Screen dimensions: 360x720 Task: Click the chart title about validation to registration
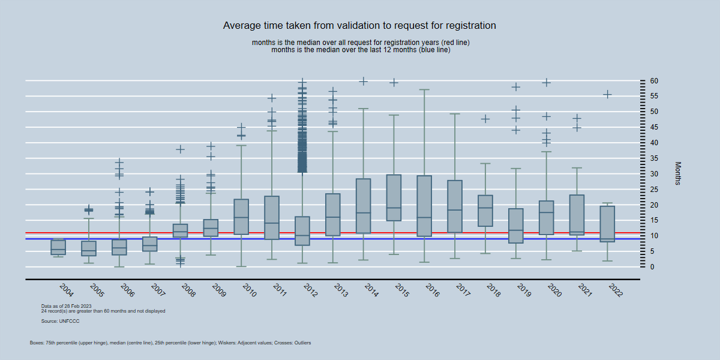click(359, 26)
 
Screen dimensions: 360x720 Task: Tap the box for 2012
click(302, 231)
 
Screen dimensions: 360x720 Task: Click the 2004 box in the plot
click(58, 247)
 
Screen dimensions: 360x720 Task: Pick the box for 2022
click(607, 224)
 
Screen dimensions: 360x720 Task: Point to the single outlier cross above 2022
click(607, 94)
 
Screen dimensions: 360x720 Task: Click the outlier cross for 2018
click(485, 119)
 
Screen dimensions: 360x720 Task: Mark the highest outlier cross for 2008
click(180, 149)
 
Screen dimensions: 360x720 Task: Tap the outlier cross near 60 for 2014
click(363, 81)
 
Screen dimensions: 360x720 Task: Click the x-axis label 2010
click(249, 290)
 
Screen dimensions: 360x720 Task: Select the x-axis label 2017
click(463, 290)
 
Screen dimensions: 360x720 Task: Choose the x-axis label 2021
click(584, 290)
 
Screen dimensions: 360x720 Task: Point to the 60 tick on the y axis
click(653, 81)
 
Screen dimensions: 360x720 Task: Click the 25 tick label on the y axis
click(653, 190)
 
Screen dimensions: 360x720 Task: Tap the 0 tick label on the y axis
click(651, 267)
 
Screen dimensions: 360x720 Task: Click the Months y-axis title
click(678, 173)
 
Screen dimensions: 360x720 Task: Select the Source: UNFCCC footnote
click(60, 322)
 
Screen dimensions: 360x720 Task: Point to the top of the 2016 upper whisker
click(424, 89)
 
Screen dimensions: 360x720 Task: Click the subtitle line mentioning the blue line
click(361, 50)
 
